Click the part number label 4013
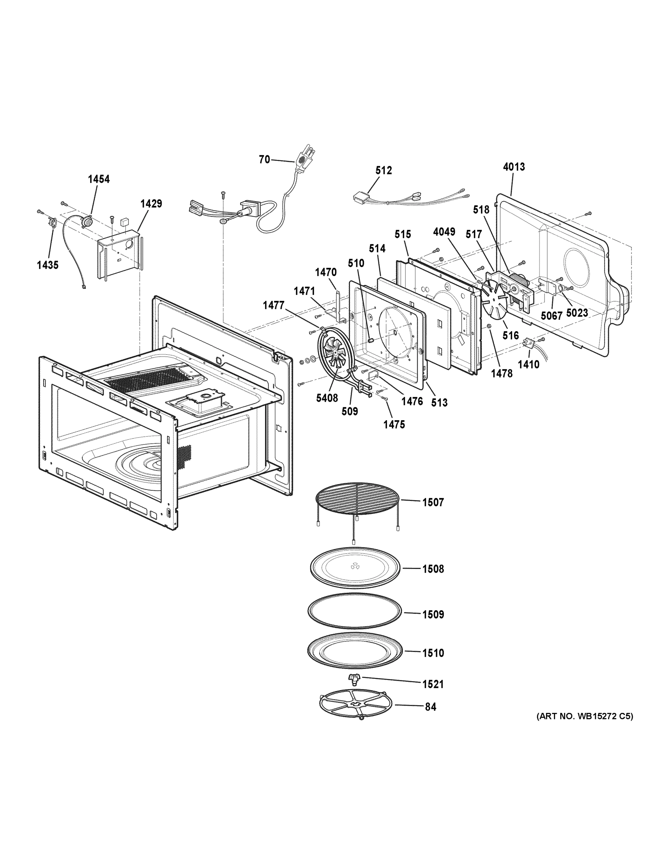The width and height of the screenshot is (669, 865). click(514, 167)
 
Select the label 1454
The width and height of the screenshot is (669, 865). click(99, 179)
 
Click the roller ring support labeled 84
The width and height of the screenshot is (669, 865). click(355, 706)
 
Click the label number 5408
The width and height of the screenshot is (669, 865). click(327, 398)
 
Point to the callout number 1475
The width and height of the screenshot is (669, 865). click(394, 425)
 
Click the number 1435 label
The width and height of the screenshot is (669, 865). click(48, 265)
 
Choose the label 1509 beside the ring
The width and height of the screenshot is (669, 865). click(433, 614)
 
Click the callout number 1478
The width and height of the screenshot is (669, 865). click(501, 373)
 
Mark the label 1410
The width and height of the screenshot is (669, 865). click(528, 364)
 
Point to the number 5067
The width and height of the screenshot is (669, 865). click(551, 316)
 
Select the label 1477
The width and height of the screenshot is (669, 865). click(273, 305)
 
